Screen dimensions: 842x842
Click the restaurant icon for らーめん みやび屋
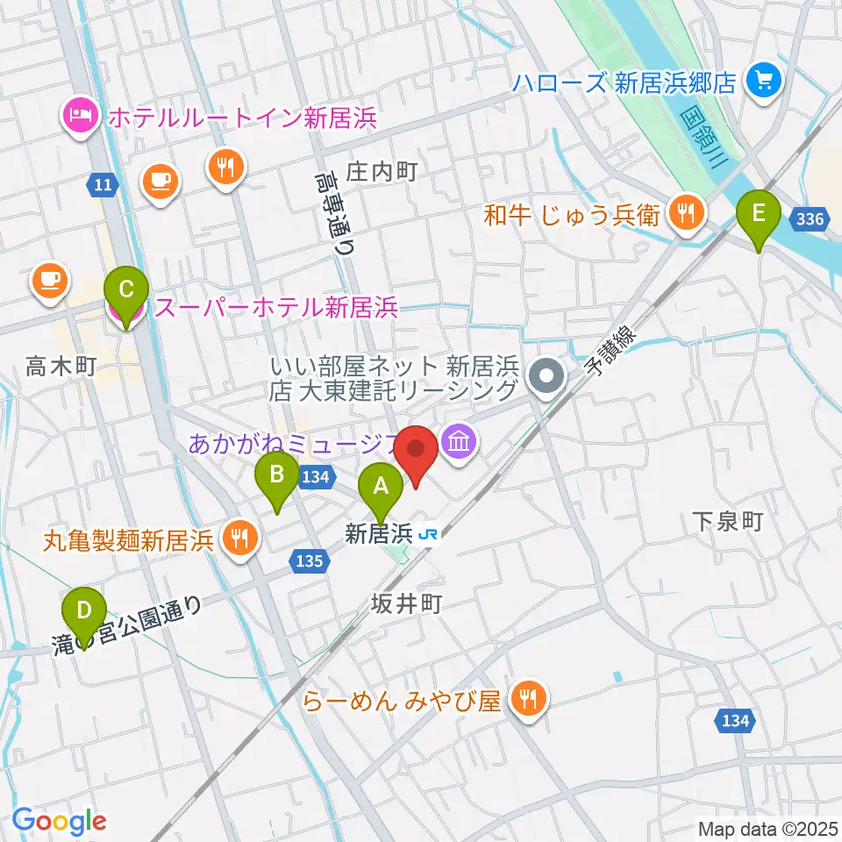(530, 699)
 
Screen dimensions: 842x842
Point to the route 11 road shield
(102, 184)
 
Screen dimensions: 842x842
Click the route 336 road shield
(811, 218)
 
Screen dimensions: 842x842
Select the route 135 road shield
(314, 560)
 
